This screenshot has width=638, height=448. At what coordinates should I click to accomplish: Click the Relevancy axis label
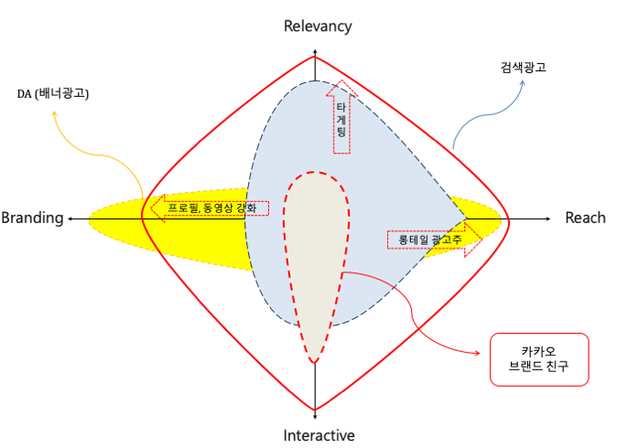(x=318, y=26)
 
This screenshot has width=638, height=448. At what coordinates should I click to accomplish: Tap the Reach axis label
(x=585, y=218)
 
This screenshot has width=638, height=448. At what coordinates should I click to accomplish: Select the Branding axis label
(x=32, y=218)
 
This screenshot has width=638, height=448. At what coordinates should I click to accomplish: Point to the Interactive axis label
(x=319, y=435)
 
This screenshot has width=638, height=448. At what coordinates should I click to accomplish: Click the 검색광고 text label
(x=524, y=69)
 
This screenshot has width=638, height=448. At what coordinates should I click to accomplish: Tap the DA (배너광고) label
(x=59, y=93)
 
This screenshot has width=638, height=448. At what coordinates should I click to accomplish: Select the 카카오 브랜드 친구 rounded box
(x=537, y=360)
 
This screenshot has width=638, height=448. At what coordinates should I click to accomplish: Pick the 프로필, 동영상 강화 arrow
(x=210, y=208)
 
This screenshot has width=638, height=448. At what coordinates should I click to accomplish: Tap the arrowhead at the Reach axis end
(x=546, y=219)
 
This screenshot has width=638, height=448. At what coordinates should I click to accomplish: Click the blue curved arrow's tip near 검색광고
(x=525, y=82)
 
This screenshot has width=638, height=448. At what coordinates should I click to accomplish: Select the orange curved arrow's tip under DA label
(x=54, y=113)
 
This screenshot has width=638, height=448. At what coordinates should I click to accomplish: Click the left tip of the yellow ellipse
(x=89, y=220)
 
